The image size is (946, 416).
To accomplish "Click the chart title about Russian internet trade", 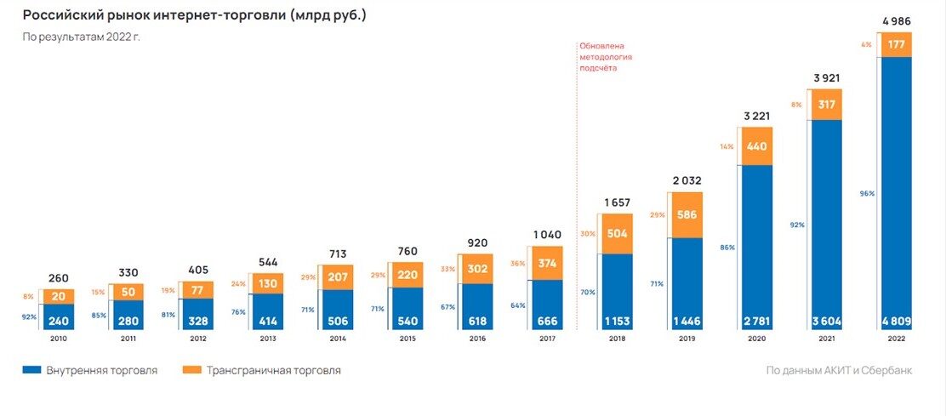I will pyautogui.click(x=194, y=16).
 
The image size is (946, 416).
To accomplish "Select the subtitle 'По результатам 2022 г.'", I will pyautogui.click(x=81, y=38).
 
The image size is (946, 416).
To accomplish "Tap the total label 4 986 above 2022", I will pyautogui.click(x=895, y=21).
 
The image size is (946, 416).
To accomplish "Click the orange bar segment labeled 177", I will pyautogui.click(x=895, y=44).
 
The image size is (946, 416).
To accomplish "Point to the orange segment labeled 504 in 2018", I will pyautogui.click(x=616, y=235).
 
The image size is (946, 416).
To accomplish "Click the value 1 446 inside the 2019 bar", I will pyautogui.click(x=687, y=321).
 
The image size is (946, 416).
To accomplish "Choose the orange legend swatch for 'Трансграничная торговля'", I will pyautogui.click(x=192, y=370).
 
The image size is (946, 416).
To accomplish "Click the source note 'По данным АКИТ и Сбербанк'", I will pyautogui.click(x=839, y=370).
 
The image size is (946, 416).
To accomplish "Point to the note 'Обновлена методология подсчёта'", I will pyautogui.click(x=605, y=57).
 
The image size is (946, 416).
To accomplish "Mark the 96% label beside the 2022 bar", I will pyautogui.click(x=867, y=194).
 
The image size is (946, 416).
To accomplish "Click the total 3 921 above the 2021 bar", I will pyautogui.click(x=825, y=78).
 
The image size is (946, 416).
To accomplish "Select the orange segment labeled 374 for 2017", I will pyautogui.click(x=546, y=263).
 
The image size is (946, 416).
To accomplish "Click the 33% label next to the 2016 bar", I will pyautogui.click(x=447, y=269).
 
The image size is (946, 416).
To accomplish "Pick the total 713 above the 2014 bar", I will pyautogui.click(x=337, y=254).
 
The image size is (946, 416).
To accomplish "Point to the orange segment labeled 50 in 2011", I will pyautogui.click(x=128, y=292).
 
